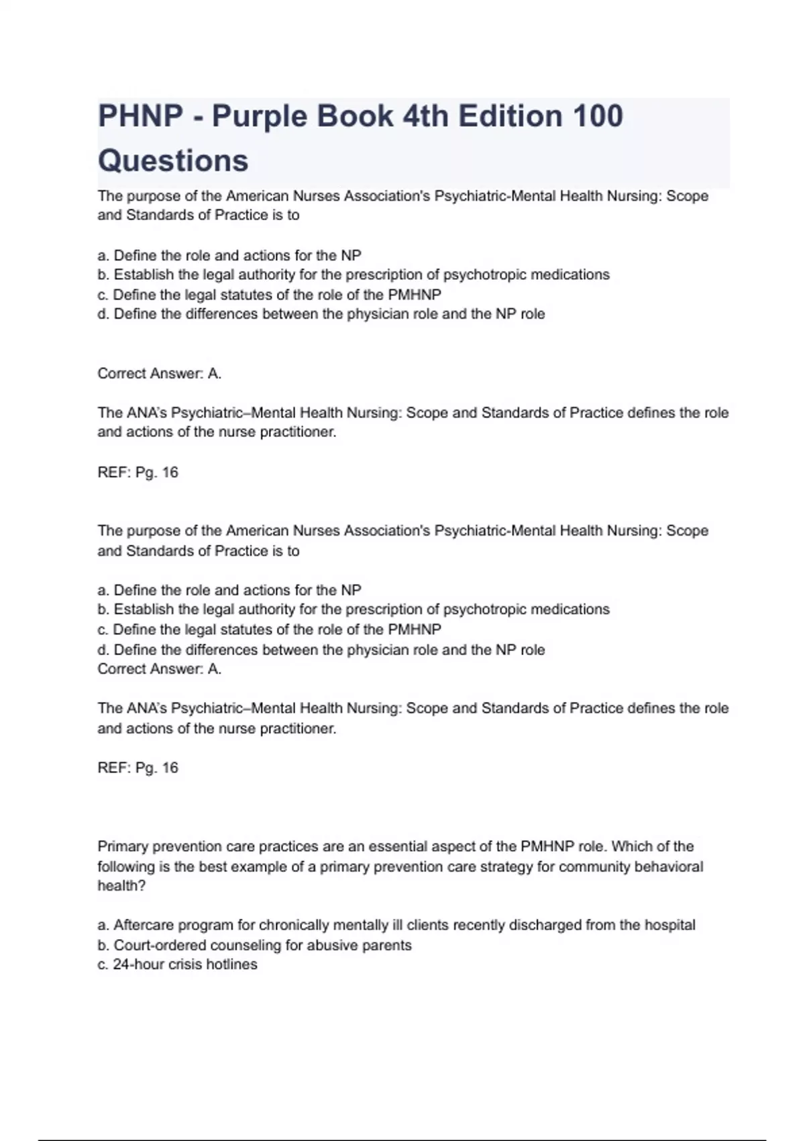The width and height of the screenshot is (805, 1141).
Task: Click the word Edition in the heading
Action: [511, 116]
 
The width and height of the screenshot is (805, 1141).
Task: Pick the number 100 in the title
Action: [598, 116]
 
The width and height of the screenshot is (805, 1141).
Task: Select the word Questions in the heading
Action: [173, 161]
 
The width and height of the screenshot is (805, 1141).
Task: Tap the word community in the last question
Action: [594, 866]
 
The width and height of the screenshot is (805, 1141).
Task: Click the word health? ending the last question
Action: [121, 886]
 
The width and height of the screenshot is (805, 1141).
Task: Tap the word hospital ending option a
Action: [669, 926]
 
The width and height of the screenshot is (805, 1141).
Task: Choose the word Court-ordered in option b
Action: [160, 945]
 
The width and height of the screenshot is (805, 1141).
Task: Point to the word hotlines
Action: [232, 964]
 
